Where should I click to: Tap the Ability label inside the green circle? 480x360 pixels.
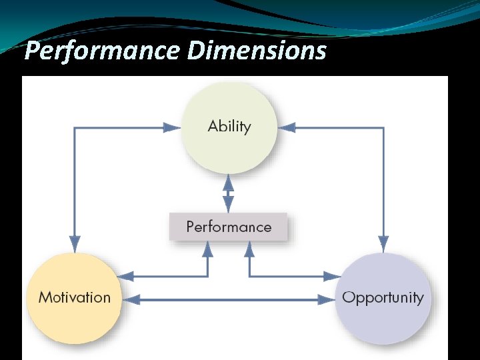pos(229,127)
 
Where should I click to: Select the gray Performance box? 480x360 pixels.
pos(229,227)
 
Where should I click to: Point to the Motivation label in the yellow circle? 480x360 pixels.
pos(75,297)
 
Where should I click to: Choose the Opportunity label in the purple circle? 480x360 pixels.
pos(383,297)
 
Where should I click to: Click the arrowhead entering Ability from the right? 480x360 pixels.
pos(286,127)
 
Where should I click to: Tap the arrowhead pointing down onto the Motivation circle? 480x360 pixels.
pos(75,243)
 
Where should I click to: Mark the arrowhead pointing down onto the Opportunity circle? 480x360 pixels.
pos(383,243)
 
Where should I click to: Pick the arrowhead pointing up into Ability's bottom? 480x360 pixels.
pos(229,182)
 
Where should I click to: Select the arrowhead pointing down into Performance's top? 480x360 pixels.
pos(229,204)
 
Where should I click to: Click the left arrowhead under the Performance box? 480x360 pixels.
pos(207,249)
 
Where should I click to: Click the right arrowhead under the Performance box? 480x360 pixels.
pos(250,249)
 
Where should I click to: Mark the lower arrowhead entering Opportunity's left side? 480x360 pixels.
pos(326,300)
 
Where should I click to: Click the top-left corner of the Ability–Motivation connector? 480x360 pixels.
pos(75,127)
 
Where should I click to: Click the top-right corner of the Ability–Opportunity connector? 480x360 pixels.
pos(383,127)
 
